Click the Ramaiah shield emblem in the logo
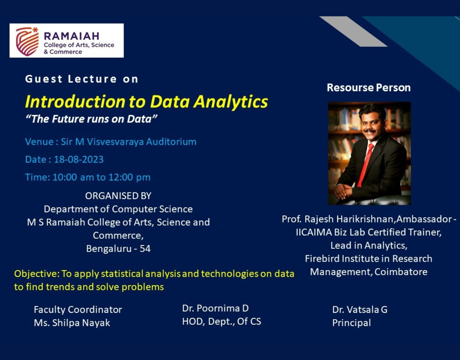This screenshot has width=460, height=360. [x=27, y=41]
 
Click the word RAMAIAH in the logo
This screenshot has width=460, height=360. [x=72, y=36]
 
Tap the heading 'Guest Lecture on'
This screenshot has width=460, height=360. [x=82, y=79]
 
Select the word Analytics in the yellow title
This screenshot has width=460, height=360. [x=230, y=102]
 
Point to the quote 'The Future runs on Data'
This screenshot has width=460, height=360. [x=92, y=119]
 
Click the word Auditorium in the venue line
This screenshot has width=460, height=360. [x=171, y=142]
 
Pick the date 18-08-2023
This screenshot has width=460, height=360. [x=79, y=159]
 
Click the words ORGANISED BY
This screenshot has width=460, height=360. [x=118, y=196]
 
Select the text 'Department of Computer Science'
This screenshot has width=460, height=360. [x=118, y=209]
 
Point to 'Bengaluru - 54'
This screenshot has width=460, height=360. [x=118, y=248]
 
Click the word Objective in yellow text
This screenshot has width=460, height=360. [x=37, y=274]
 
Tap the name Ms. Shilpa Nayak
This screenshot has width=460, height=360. [x=72, y=323]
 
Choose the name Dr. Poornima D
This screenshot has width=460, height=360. [x=215, y=308]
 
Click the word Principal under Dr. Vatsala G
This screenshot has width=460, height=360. [x=352, y=323]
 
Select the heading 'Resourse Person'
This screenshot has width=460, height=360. [x=369, y=88]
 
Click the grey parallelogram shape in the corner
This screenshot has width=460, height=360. [x=353, y=31]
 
